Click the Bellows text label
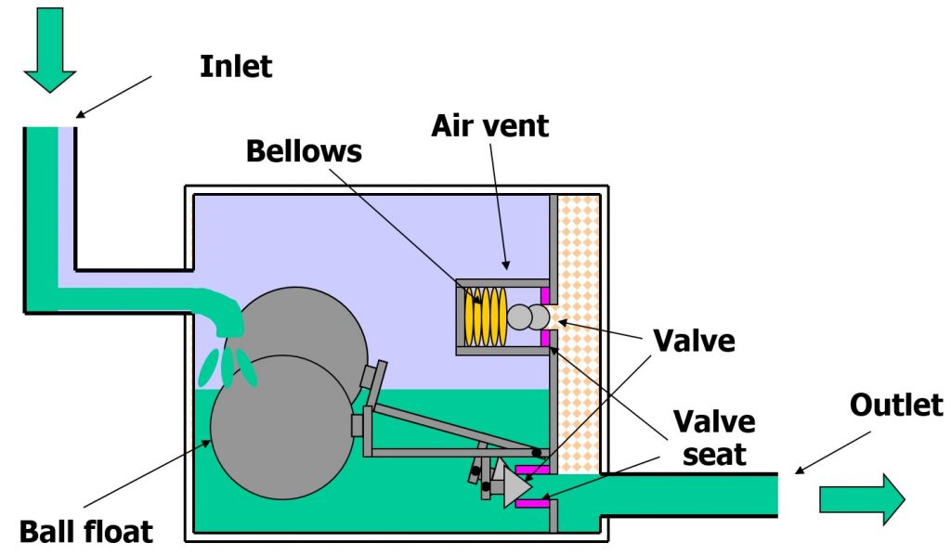(304, 151)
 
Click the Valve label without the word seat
(695, 341)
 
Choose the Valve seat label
(713, 438)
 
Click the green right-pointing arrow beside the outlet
(861, 499)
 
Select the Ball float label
(85, 532)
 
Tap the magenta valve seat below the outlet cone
(530, 504)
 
